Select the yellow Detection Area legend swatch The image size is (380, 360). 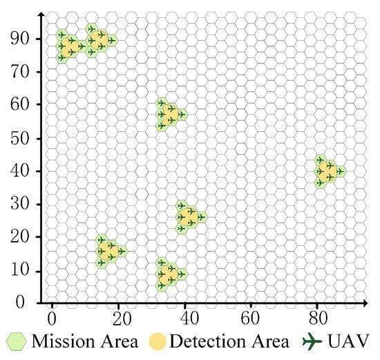160,341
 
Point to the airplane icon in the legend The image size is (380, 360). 315,341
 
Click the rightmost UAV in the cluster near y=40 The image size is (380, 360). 339,171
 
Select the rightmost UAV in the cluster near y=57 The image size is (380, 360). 181,114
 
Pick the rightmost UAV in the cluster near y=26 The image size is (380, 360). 200,217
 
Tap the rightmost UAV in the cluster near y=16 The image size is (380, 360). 121,252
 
